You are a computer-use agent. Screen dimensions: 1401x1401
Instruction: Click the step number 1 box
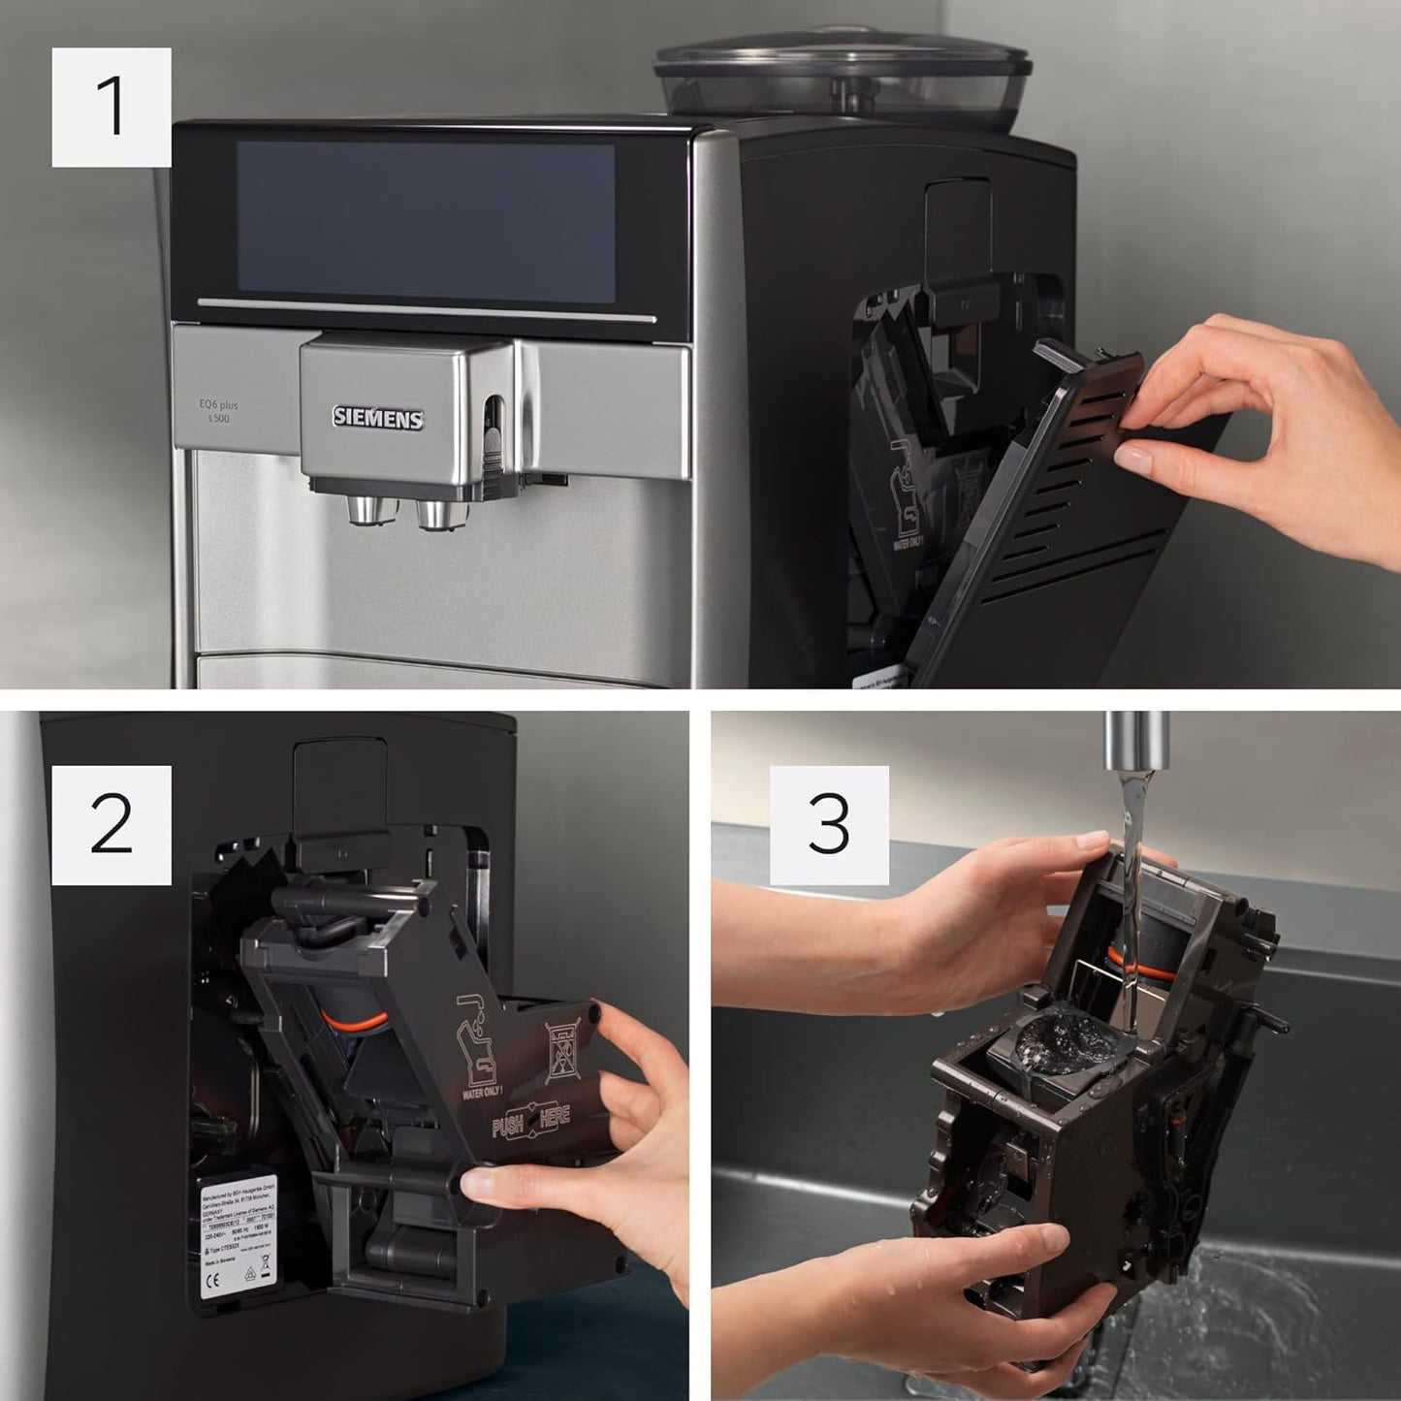[x=111, y=107]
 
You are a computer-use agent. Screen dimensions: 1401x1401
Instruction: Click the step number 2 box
[x=111, y=824]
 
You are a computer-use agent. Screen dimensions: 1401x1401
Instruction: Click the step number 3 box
[x=829, y=824]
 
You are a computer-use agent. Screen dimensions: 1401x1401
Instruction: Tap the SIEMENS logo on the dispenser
[x=378, y=418]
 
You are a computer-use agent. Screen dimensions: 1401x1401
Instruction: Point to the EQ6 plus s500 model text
[x=218, y=411]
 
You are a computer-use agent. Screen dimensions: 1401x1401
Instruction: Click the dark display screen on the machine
[x=427, y=222]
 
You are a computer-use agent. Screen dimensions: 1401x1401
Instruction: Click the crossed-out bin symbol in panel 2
[x=563, y=1054]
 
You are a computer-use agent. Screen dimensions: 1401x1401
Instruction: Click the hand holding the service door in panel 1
[x=1280, y=427]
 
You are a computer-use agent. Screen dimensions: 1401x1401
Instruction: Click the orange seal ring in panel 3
[x=1125, y=960]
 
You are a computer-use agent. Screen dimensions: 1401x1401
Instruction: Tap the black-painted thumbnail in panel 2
[x=593, y=1015]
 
